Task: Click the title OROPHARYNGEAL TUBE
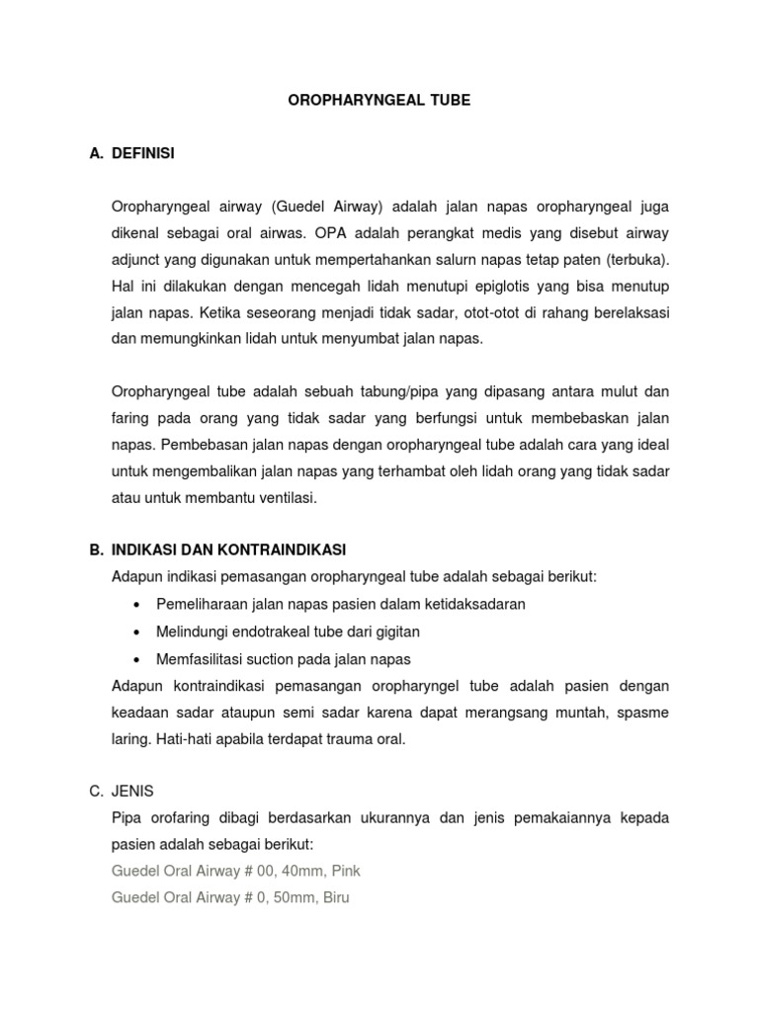click(379, 101)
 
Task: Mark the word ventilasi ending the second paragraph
click(285, 498)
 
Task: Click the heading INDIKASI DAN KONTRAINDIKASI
click(229, 549)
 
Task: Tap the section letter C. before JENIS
click(97, 791)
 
